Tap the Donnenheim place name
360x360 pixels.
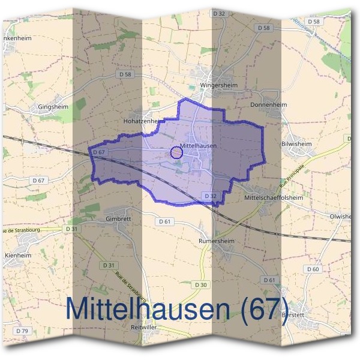tap(268, 104)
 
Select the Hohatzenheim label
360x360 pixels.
tap(143, 120)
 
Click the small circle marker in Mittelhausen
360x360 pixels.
tap(176, 152)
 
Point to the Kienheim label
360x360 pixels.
tap(17, 255)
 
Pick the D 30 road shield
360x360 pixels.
tap(200, 285)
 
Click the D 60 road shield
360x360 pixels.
tap(313, 269)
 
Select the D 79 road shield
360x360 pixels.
tap(23, 331)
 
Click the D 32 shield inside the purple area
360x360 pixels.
tap(209, 196)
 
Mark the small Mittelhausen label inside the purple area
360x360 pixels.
tap(198, 145)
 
